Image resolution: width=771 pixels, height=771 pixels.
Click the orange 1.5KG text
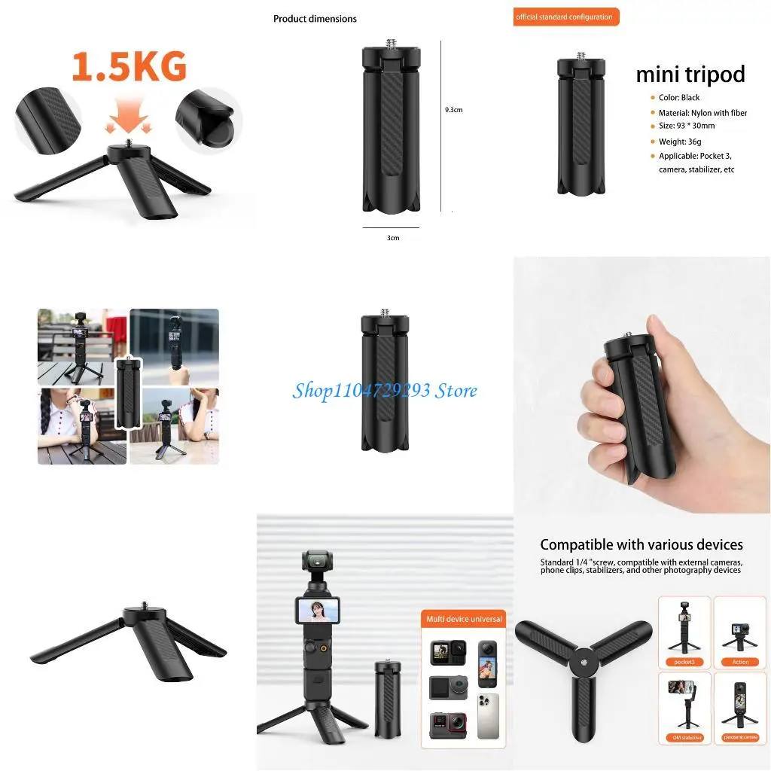pos(129,67)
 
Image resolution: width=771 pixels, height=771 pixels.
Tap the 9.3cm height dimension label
pos(453,110)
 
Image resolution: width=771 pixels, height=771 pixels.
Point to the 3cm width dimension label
pos(393,238)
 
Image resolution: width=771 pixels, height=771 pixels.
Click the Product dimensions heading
pos(315,19)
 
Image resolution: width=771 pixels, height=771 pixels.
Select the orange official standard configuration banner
pos(565,17)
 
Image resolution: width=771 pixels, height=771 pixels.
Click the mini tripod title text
pos(690,75)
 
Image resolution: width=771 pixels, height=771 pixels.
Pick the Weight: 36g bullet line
pos(679,142)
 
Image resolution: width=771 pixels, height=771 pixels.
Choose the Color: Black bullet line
pos(679,98)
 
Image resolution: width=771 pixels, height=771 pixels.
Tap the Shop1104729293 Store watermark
pos(385,390)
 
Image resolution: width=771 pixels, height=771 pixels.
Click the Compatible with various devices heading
pos(641,544)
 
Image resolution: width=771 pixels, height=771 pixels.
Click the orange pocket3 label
pos(684,662)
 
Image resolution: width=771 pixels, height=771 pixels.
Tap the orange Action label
pos(740,662)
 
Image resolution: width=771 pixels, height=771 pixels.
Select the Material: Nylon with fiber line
pos(702,113)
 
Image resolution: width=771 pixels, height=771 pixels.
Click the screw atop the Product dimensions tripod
pos(391,44)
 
